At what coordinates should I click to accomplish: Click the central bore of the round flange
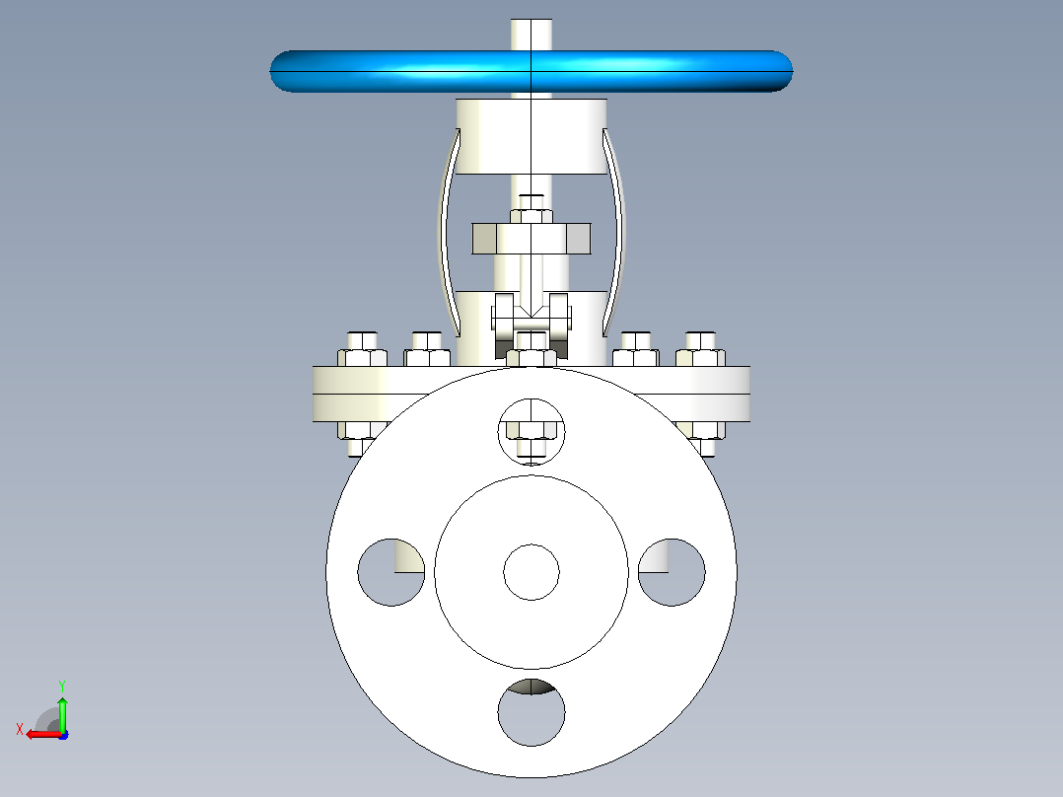coord(531,572)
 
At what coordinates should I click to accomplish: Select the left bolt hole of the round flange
coord(391,572)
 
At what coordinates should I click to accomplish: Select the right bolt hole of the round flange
coord(672,572)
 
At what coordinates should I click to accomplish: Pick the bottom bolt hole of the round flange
coord(531,712)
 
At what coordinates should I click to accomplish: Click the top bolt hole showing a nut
coord(531,432)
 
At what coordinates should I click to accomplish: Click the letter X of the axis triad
coord(20,729)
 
